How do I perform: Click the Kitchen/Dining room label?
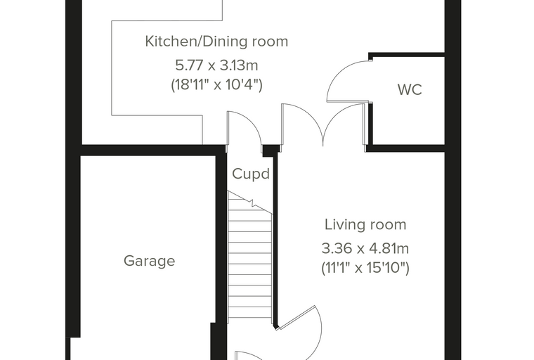click(216, 41)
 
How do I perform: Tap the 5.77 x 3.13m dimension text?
click(216, 65)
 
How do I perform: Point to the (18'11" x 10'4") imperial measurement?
click(216, 84)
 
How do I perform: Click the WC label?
click(410, 90)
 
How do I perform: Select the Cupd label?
click(251, 174)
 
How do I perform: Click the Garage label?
click(149, 261)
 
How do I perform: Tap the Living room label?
click(365, 225)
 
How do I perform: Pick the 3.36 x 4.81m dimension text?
click(365, 248)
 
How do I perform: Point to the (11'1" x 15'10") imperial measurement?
click(365, 268)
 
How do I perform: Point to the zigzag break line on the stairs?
click(250, 202)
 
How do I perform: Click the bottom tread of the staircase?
click(250, 313)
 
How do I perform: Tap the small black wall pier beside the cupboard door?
click(271, 150)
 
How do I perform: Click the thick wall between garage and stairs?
click(221, 252)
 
